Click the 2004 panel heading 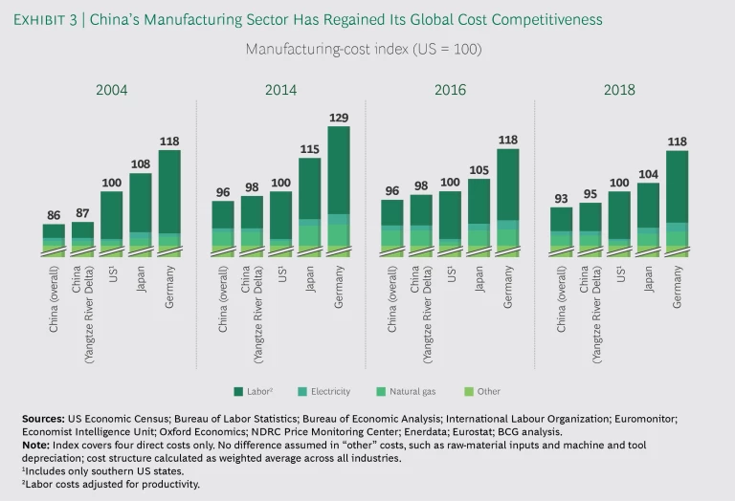tap(111, 90)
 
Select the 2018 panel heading tap(619, 90)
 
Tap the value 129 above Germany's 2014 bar tap(338, 118)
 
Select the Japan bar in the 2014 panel tap(309, 207)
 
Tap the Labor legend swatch tap(237, 391)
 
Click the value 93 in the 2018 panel tap(562, 199)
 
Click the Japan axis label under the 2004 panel tap(141, 278)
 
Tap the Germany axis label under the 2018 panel tap(678, 285)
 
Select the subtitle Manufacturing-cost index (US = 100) tap(363, 48)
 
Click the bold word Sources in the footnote tap(43, 419)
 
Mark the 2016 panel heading tap(450, 90)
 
